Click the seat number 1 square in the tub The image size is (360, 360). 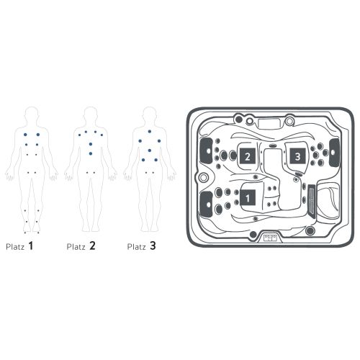248,198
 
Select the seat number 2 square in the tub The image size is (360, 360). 247,156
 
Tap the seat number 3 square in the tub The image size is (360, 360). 297,156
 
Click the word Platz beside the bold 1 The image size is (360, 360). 15,247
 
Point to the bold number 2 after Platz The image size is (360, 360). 92,246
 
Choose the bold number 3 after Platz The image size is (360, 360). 153,246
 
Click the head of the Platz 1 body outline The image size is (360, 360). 32,114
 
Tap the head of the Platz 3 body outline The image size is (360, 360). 149,114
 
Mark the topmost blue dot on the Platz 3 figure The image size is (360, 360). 150,132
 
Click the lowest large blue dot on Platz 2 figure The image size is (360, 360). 91,153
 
